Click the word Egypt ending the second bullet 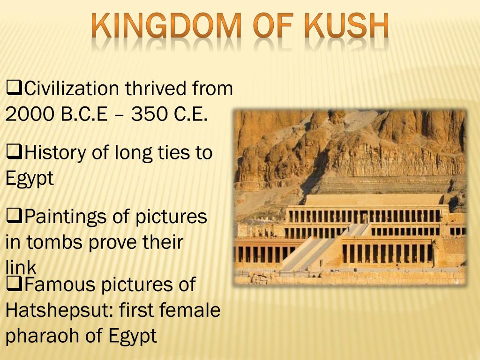[x=30, y=179]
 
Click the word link [x=21, y=268]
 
